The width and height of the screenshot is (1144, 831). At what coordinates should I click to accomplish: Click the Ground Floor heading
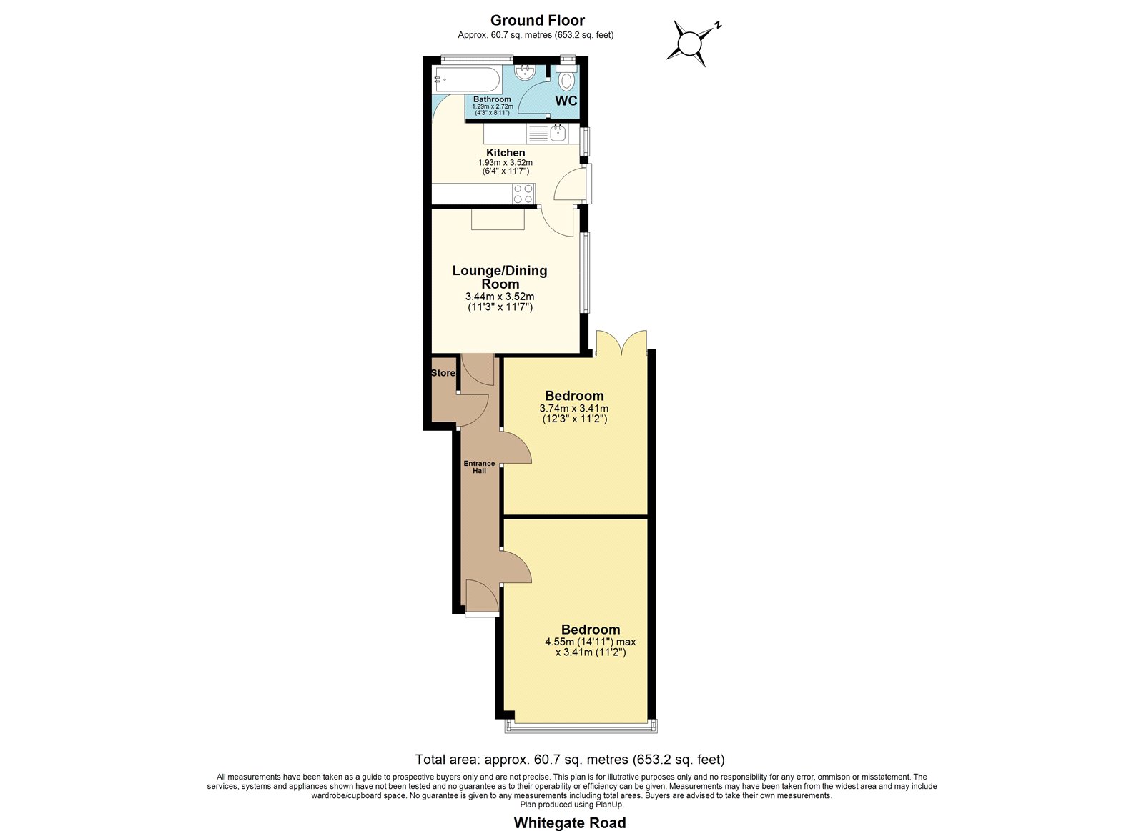(537, 21)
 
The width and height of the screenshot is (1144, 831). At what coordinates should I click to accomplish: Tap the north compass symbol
(693, 42)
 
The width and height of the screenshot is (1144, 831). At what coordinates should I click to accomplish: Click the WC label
(566, 101)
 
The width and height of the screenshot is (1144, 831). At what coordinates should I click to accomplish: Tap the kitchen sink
(557, 134)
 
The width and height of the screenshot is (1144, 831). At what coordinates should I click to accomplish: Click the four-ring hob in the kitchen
(524, 194)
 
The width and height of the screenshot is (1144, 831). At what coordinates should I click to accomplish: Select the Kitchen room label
(505, 153)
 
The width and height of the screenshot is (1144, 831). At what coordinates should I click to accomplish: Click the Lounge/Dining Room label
(500, 277)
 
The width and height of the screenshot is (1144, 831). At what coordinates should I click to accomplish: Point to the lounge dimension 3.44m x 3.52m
(500, 297)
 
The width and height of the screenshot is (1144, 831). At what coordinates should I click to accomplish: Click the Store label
(443, 373)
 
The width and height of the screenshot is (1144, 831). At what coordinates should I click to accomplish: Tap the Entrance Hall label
(479, 467)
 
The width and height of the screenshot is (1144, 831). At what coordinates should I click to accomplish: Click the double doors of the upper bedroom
(621, 342)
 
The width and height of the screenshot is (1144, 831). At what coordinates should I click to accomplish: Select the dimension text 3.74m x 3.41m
(574, 408)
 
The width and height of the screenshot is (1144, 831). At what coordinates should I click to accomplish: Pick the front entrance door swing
(482, 596)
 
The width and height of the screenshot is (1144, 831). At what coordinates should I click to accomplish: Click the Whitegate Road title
(569, 823)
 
